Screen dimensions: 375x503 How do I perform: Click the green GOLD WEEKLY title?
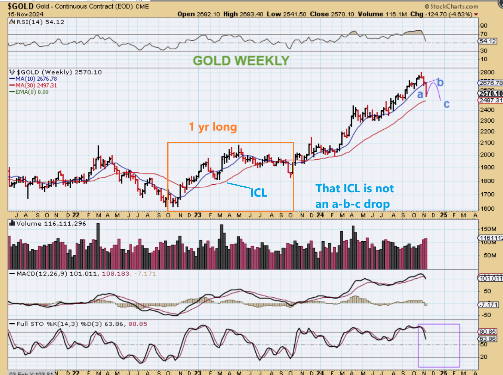click(x=241, y=61)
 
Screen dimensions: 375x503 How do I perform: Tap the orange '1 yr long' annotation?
click(x=213, y=127)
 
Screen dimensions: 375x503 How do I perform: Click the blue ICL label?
click(x=258, y=193)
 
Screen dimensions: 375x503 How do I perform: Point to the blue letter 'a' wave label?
click(x=420, y=95)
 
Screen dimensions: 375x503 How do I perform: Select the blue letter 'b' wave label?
click(x=440, y=82)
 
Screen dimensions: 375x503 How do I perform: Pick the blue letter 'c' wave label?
click(x=446, y=104)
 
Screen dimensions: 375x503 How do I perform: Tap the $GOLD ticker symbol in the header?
click(x=20, y=6)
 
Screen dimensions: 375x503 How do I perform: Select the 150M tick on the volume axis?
click(x=487, y=229)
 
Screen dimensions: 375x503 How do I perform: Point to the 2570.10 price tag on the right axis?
click(x=489, y=94)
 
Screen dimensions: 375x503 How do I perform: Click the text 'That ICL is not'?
click(x=354, y=188)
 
